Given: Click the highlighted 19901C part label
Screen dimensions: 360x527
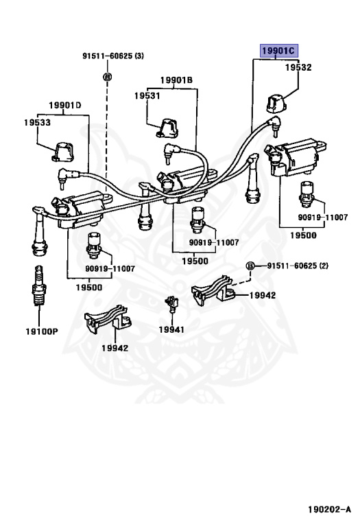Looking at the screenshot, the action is (x=278, y=51).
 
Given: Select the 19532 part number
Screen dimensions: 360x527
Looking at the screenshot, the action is (x=298, y=67).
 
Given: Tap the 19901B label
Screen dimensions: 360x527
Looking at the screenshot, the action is (x=176, y=80).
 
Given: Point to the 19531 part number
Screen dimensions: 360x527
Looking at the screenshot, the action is (x=147, y=96).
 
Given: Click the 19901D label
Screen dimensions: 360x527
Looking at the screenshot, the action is (x=65, y=105).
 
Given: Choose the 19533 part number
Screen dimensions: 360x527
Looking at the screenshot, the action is (x=37, y=122).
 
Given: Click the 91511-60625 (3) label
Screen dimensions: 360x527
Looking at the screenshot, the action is (x=113, y=56).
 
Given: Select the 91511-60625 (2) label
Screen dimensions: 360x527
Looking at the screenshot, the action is (x=298, y=266).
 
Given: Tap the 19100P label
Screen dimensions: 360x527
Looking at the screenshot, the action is (x=42, y=331).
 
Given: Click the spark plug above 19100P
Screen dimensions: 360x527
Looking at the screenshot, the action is (x=39, y=285).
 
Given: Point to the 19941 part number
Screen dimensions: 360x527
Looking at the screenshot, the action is (x=171, y=329).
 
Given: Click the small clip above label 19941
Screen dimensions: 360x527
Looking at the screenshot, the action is (x=171, y=303).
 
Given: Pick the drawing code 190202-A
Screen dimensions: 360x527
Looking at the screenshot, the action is (x=329, y=510).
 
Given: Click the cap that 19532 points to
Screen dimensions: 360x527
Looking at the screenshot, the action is (x=276, y=104).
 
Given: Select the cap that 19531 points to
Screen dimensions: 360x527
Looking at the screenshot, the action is (x=167, y=128).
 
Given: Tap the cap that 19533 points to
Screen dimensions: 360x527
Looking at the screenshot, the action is (x=63, y=152).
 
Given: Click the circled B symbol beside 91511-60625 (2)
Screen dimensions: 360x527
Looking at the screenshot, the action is (x=250, y=266).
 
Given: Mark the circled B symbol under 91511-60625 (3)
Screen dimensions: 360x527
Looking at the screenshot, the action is (x=107, y=77).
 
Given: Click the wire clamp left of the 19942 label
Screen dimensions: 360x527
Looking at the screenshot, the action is (x=213, y=290).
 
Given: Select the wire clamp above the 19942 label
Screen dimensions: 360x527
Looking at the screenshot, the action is (x=108, y=318).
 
